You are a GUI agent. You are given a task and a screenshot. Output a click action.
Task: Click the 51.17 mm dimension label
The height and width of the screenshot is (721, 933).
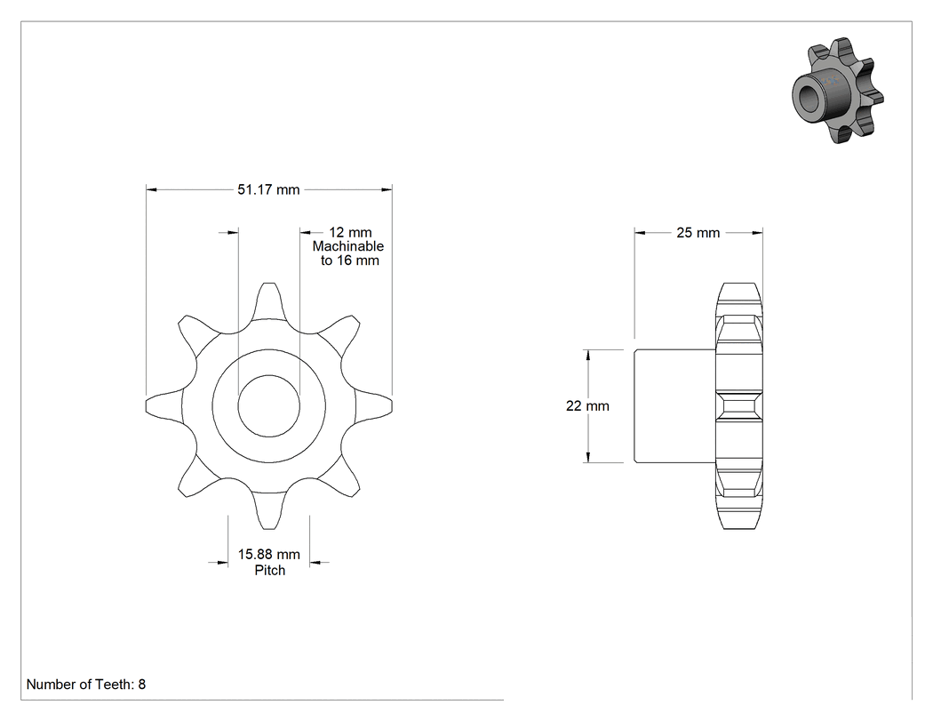pos(268,189)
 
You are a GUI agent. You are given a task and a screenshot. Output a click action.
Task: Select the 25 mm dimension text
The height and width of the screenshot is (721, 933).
pos(698,233)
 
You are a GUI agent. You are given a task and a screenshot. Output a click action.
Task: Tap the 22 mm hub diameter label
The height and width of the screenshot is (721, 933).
pos(587,406)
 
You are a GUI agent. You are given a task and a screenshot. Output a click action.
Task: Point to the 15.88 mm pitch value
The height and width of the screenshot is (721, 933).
pos(269,554)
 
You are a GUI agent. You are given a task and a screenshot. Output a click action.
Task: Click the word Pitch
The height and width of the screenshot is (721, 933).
pos(269,571)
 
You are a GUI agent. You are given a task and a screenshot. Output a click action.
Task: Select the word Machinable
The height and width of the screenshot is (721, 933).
pos(348,246)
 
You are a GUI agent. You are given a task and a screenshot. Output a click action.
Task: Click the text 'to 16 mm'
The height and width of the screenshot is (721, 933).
pos(350,260)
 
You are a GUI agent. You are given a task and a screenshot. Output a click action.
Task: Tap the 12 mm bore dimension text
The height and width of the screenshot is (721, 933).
pos(350,232)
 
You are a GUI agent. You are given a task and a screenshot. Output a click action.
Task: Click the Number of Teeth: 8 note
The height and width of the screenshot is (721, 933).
pos(86,684)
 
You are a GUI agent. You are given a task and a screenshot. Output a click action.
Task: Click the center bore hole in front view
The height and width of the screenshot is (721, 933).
pos(268,405)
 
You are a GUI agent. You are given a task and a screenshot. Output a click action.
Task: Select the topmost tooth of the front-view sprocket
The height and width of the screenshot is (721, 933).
pos(269,300)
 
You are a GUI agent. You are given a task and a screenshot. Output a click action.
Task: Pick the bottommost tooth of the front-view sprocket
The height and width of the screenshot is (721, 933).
pos(269,510)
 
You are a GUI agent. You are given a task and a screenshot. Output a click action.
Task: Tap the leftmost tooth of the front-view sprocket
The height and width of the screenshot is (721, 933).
pos(164,405)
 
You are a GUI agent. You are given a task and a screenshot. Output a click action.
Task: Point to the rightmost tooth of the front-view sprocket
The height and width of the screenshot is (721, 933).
pos(374,405)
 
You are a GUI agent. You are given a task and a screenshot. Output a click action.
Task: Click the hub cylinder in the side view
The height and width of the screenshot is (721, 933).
pos(674,405)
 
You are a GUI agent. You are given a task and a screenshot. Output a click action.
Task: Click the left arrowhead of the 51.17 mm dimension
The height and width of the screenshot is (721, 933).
pos(151,189)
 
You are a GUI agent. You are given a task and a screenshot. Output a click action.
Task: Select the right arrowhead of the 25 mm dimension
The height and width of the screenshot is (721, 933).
pos(757,233)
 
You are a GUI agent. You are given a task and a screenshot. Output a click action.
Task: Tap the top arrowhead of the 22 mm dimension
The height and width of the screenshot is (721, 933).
pos(588,355)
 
